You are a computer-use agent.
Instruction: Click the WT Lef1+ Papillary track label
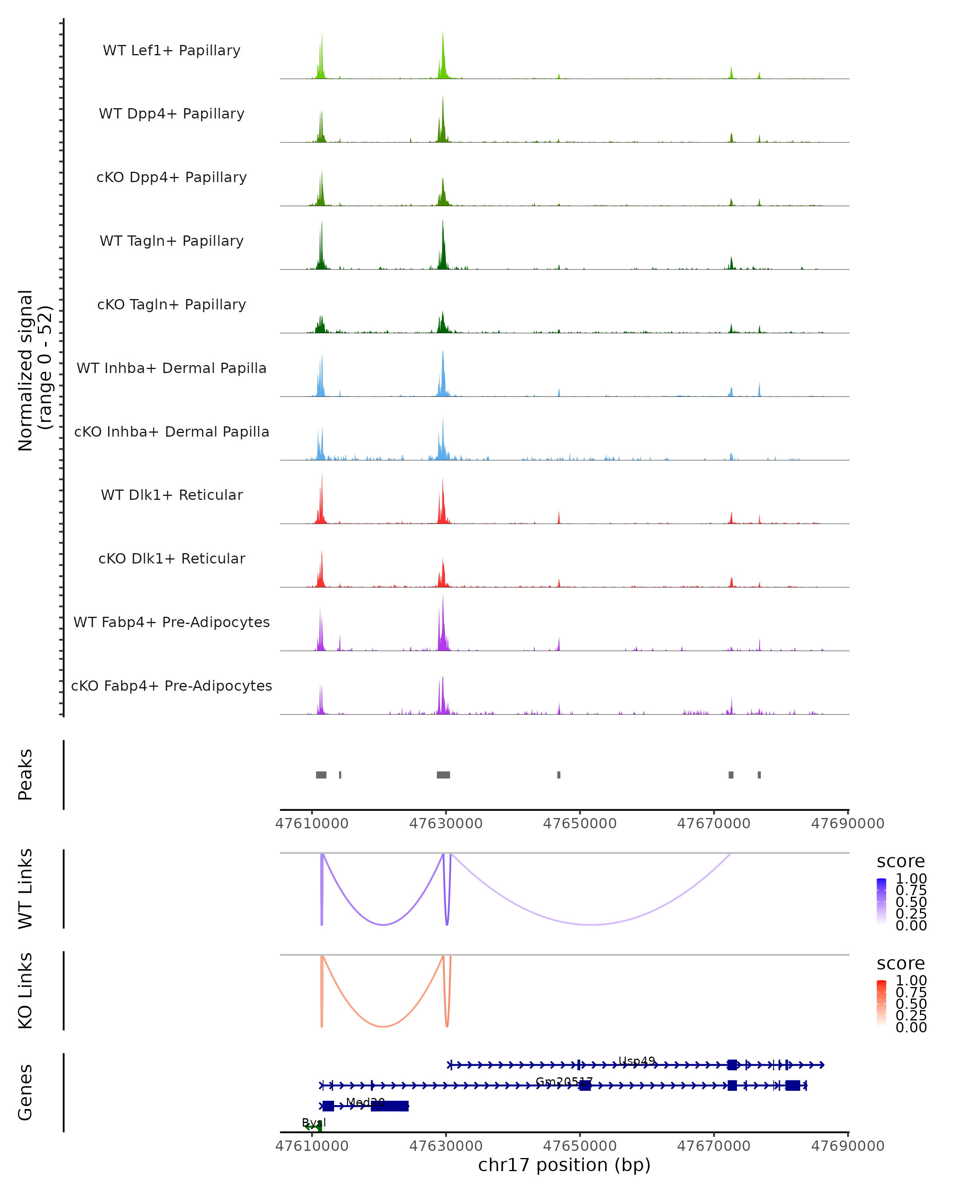point(172,51)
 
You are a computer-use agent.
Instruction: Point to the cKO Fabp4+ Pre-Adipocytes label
point(172,686)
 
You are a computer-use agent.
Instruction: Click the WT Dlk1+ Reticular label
point(172,495)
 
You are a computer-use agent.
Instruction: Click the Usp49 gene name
point(637,1061)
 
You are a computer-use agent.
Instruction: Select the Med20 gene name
point(365,1102)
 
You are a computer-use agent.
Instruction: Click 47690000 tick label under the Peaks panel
point(848,824)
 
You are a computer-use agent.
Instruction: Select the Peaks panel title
point(25,775)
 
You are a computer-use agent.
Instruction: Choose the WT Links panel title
point(25,889)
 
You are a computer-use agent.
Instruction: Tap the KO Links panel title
point(25,991)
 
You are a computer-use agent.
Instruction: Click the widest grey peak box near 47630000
point(443,775)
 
